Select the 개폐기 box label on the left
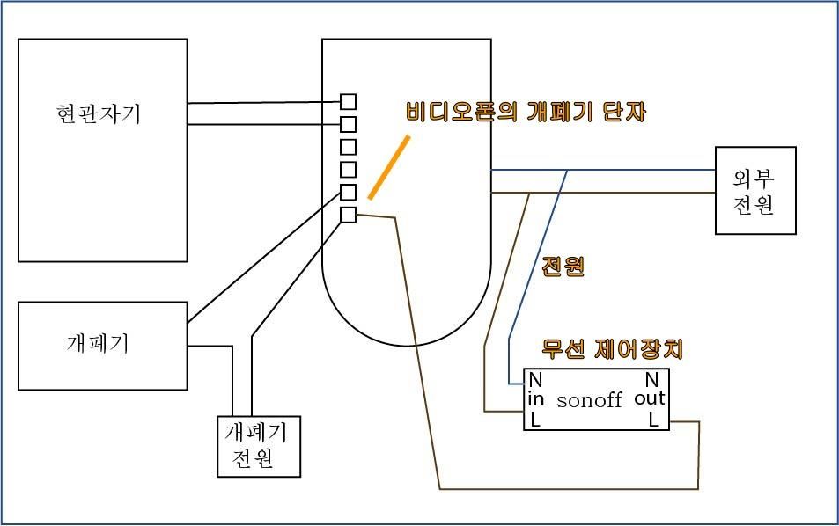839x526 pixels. [98, 343]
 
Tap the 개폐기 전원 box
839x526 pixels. [259, 445]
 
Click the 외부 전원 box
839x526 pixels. [754, 190]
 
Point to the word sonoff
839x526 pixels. [589, 400]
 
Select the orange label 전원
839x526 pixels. [563, 266]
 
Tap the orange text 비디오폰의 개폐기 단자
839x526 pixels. [526, 112]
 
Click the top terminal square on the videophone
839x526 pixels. [349, 101]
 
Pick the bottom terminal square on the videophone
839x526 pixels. [349, 215]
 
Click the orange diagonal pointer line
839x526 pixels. [388, 166]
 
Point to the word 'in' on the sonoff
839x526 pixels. [536, 399]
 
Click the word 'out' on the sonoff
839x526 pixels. [649, 399]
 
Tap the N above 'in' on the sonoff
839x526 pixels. [534, 380]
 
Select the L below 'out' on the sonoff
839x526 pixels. [653, 420]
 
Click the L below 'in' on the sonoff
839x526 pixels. [534, 420]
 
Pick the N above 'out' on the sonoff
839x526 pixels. [652, 380]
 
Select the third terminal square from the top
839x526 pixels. [349, 146]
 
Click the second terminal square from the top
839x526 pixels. [349, 124]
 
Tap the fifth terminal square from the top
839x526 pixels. [349, 192]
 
